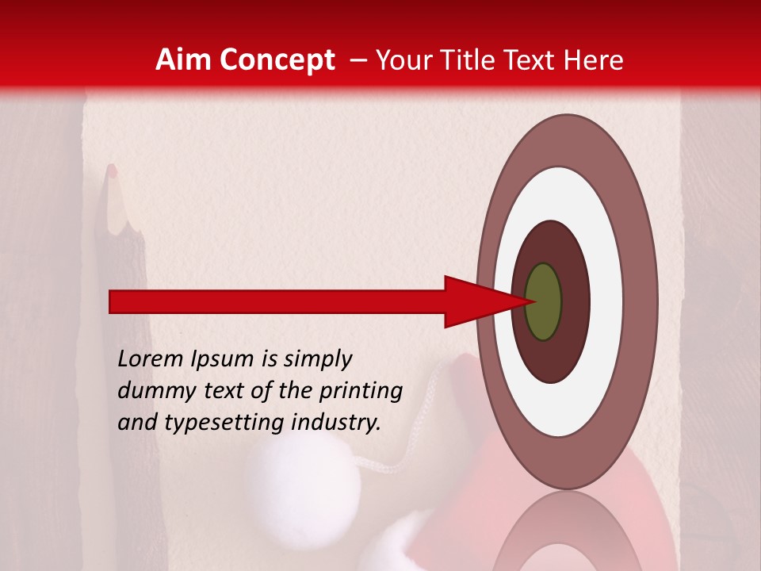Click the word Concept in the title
tap(277, 60)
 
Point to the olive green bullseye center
tap(543, 301)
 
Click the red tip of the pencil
tap(112, 170)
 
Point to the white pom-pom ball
tap(303, 479)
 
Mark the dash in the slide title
tap(358, 60)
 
